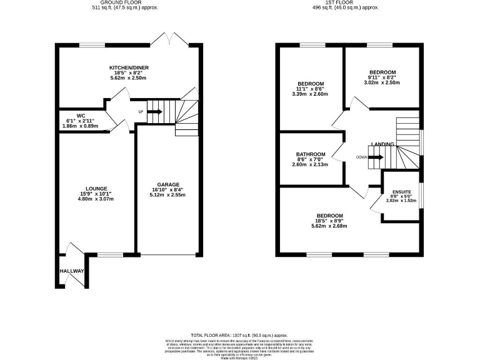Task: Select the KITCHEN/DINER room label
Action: click(x=128, y=67)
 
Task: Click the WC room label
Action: click(x=81, y=116)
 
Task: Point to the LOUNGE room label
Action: click(x=97, y=188)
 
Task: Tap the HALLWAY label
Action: click(x=72, y=271)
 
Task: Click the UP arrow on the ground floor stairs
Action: click(x=153, y=112)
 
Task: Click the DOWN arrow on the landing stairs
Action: click(x=375, y=157)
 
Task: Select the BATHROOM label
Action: click(x=311, y=154)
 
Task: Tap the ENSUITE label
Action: click(x=401, y=192)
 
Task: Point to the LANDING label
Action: click(x=382, y=144)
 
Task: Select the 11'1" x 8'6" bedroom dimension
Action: click(x=311, y=89)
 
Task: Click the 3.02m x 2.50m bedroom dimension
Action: click(x=382, y=83)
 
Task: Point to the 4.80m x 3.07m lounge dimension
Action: click(x=97, y=199)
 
